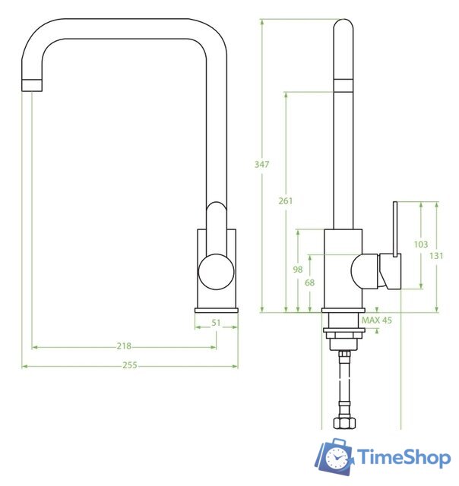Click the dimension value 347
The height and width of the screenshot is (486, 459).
click(262, 165)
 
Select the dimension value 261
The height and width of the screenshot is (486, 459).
click(286, 200)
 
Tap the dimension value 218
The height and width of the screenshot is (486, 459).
click(123, 346)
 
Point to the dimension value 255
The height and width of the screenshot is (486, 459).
click(129, 365)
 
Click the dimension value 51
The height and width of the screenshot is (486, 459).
click(216, 323)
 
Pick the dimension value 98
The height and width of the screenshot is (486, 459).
click(298, 270)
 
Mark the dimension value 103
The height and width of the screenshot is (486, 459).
click(420, 244)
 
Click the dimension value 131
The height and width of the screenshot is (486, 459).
click(436, 256)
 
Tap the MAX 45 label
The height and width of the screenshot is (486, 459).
click(377, 320)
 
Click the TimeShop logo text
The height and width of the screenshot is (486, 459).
click(404, 457)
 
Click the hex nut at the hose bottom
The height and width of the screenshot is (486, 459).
click(344, 421)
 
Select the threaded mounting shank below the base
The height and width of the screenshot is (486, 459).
click(344, 334)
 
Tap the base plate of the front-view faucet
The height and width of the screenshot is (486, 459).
click(216, 309)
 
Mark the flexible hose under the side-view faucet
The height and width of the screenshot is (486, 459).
click(344, 383)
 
